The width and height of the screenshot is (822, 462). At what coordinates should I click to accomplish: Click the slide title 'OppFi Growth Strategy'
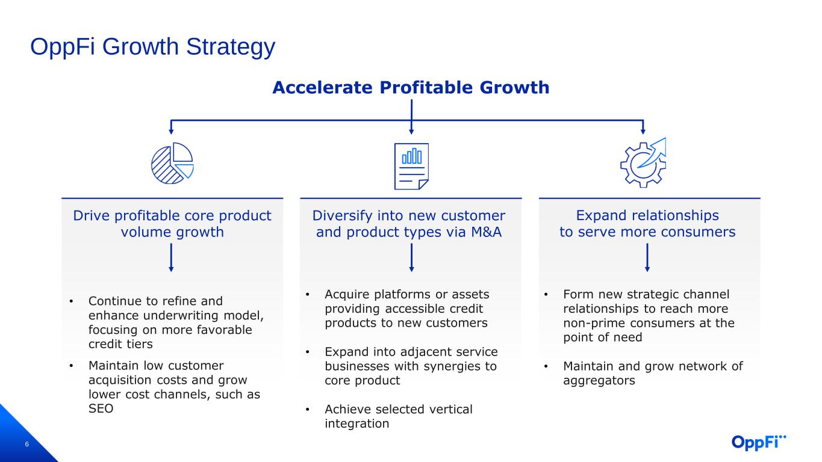coord(153,47)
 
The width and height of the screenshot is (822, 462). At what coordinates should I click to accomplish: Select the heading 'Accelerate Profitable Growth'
coord(411,88)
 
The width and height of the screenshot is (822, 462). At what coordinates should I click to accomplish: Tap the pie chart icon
coord(172,163)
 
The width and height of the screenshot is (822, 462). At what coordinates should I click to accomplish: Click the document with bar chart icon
coord(411,166)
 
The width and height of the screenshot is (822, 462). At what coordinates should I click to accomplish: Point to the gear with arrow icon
coord(643,163)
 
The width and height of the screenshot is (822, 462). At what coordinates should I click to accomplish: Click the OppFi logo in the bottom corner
coord(759,442)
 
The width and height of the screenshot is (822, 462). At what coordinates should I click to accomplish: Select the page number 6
coord(26,445)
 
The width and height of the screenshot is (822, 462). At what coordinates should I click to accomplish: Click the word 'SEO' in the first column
coord(101,408)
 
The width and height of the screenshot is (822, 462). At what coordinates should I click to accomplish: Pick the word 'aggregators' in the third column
coord(599,381)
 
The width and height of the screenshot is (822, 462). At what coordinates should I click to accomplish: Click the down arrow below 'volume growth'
coord(171,257)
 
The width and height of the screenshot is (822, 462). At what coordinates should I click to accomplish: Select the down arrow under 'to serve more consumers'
coord(647,257)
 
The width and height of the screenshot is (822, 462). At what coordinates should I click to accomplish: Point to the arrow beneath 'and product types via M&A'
coord(411,257)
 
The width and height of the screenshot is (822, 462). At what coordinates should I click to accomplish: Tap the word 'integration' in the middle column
coord(357,423)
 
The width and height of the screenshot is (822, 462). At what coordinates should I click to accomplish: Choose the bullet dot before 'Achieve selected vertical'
coord(308,410)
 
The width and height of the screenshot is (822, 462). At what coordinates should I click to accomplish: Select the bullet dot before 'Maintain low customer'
coord(71,366)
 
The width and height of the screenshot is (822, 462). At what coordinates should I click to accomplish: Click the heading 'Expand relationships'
coord(647,215)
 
